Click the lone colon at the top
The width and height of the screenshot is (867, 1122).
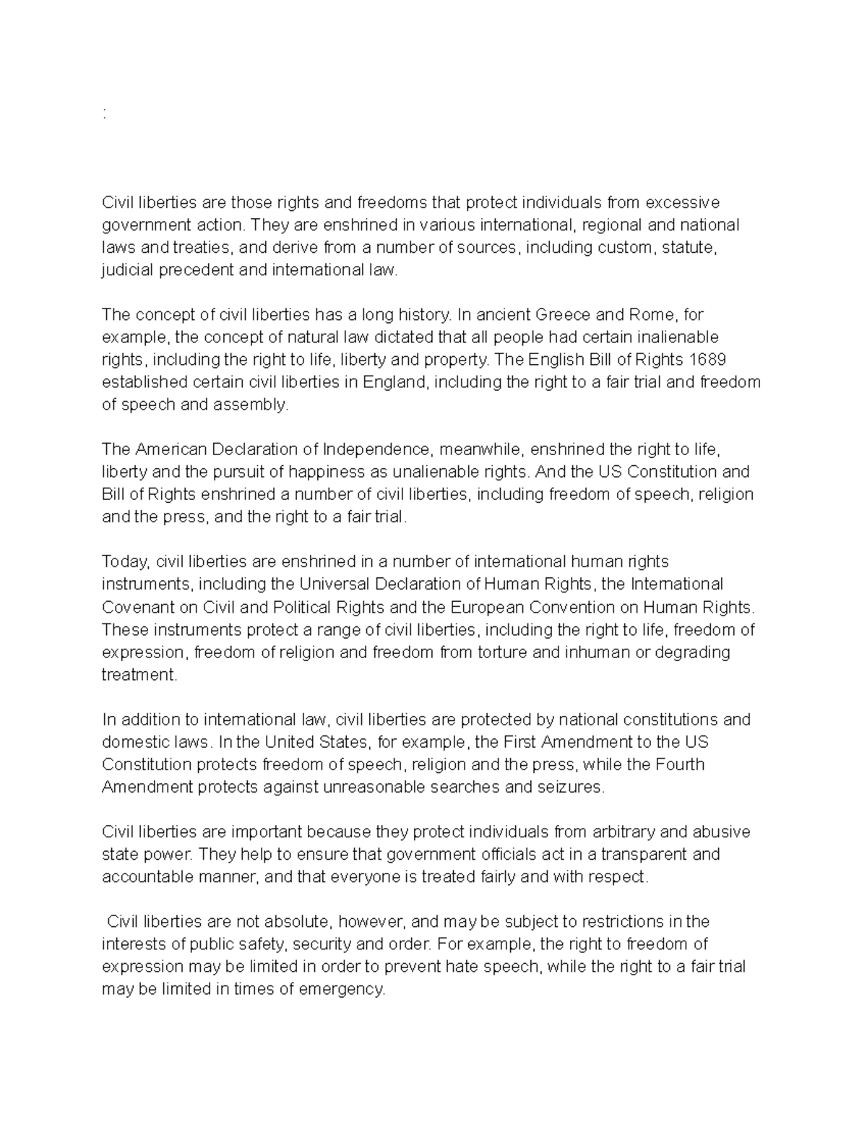pos(105,113)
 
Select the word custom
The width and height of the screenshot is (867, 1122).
pos(627,247)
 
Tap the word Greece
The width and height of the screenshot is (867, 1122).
pos(562,315)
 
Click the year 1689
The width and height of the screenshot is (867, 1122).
pos(708,360)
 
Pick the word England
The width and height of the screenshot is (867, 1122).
pos(387,382)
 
